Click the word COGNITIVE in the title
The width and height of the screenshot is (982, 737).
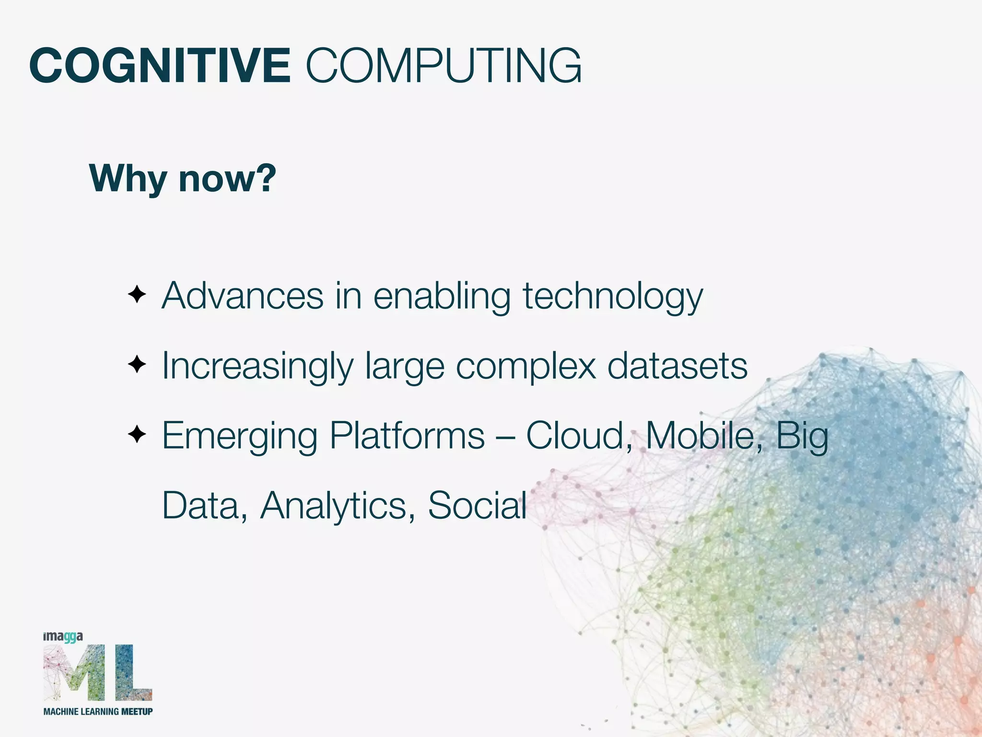(160, 66)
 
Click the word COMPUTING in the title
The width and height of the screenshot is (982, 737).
(444, 66)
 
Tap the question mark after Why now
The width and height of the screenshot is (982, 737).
(264, 178)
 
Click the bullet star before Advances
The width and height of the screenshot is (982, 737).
(137, 294)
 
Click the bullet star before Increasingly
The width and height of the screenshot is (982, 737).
(137, 365)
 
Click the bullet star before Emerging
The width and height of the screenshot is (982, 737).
(137, 435)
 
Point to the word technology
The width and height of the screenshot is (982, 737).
(612, 297)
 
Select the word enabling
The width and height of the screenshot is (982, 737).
(442, 297)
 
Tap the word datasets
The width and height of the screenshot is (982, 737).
(677, 367)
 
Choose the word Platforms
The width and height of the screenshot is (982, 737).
(407, 436)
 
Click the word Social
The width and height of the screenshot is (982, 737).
(477, 505)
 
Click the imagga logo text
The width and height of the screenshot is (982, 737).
(63, 637)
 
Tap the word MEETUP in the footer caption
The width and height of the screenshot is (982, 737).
(137, 712)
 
